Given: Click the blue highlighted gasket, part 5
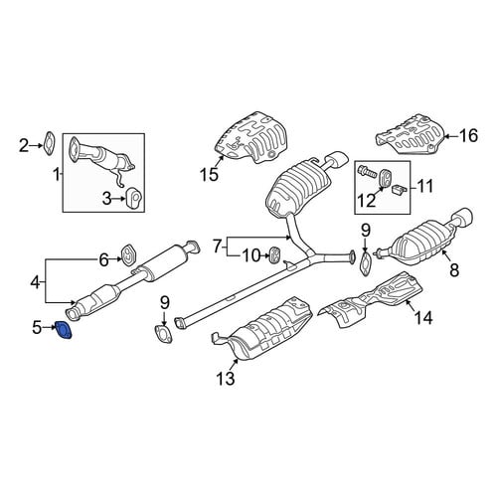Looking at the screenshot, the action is (64, 330).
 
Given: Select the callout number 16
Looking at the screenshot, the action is (468, 135).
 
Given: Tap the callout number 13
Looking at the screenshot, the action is (226, 378).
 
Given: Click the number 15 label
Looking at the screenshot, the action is (210, 174).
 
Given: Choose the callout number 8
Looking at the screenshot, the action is (454, 269).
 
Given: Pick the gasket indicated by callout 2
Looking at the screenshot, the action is (50, 144).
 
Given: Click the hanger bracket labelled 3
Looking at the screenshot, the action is (134, 198).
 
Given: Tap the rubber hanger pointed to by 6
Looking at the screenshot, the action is (128, 254).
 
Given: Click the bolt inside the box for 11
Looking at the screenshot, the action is (367, 172).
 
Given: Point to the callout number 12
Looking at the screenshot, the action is (366, 201).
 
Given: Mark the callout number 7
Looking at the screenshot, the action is (217, 247).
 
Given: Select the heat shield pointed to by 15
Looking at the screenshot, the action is (251, 137).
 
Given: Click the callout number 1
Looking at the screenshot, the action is (57, 174).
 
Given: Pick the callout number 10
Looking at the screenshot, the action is (252, 255).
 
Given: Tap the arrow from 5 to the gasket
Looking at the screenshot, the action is (49, 328).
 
